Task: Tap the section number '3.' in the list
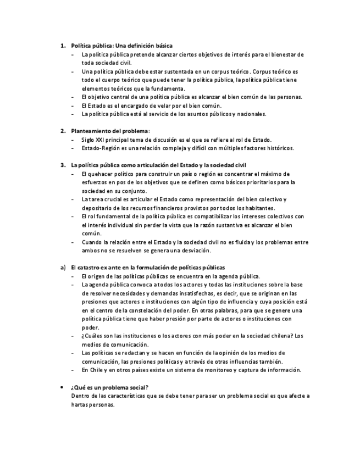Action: point(63,165)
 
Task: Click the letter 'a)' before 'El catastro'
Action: point(63,267)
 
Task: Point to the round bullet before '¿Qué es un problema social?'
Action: point(63,387)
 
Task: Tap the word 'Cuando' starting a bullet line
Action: point(91,242)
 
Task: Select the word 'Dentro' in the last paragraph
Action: point(80,396)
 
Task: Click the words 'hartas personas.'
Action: point(93,404)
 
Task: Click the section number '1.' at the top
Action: point(63,46)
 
